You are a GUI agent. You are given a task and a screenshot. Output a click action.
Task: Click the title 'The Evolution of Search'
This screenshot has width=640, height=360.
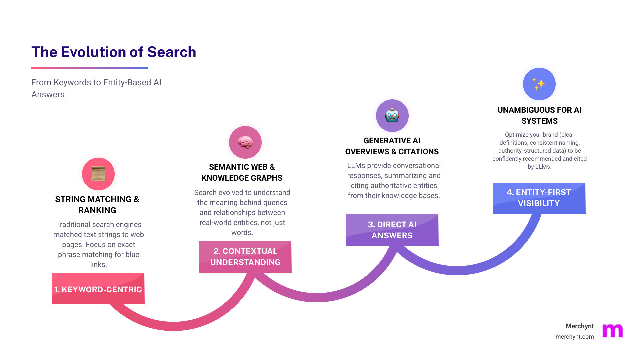click(x=114, y=52)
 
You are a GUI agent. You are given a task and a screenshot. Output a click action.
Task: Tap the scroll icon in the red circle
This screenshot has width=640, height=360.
click(x=98, y=174)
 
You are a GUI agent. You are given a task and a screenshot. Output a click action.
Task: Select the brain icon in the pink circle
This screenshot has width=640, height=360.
click(x=245, y=142)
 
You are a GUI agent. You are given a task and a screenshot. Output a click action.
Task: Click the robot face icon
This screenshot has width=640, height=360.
click(x=392, y=116)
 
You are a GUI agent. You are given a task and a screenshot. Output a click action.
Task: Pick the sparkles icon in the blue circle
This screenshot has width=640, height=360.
click(x=539, y=84)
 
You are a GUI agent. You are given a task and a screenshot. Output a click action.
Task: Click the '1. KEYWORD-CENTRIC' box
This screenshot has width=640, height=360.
click(x=98, y=289)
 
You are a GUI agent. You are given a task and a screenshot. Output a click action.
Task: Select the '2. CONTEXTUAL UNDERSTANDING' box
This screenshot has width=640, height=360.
click(x=245, y=257)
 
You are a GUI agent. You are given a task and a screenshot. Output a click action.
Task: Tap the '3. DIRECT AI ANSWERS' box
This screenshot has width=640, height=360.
click(x=392, y=230)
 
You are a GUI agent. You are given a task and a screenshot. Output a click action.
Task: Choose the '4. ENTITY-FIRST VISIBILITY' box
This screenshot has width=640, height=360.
click(x=539, y=198)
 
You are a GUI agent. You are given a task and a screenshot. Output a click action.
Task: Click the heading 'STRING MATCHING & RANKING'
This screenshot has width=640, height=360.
click(x=97, y=205)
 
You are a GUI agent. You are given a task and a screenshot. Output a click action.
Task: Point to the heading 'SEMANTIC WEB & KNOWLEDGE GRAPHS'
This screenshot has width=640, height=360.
click(x=242, y=172)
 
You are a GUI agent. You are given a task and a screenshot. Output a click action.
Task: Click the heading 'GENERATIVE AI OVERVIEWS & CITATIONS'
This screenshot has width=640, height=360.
click(x=392, y=146)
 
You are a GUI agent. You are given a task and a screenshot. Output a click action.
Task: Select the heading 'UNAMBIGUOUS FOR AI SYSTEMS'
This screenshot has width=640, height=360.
click(x=539, y=115)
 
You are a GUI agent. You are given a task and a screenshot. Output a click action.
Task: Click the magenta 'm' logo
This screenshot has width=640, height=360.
click(x=613, y=331)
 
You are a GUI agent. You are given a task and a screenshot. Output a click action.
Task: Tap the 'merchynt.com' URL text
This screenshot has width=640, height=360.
click(x=574, y=337)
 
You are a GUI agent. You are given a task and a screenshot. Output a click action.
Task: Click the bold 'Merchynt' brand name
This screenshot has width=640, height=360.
click(x=580, y=326)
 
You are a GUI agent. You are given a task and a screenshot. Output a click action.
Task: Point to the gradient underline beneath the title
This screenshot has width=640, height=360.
click(x=89, y=68)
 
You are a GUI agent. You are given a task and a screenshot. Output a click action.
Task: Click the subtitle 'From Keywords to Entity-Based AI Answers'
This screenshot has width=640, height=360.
click(x=96, y=88)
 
